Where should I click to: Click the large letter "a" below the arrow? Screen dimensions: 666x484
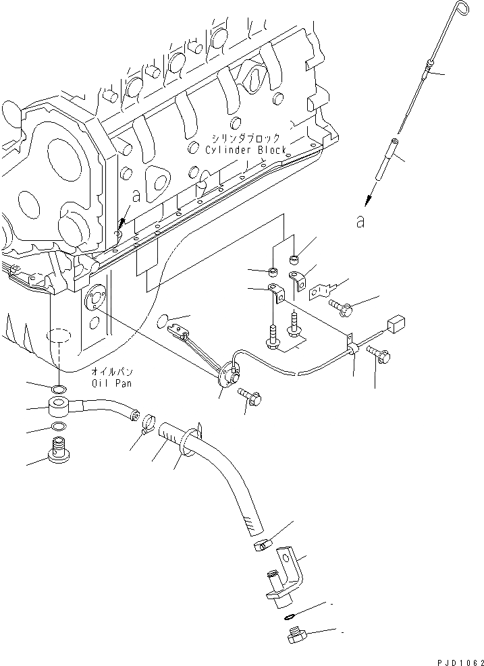click(x=360, y=221)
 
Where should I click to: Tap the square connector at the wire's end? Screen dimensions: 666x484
click(x=396, y=323)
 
